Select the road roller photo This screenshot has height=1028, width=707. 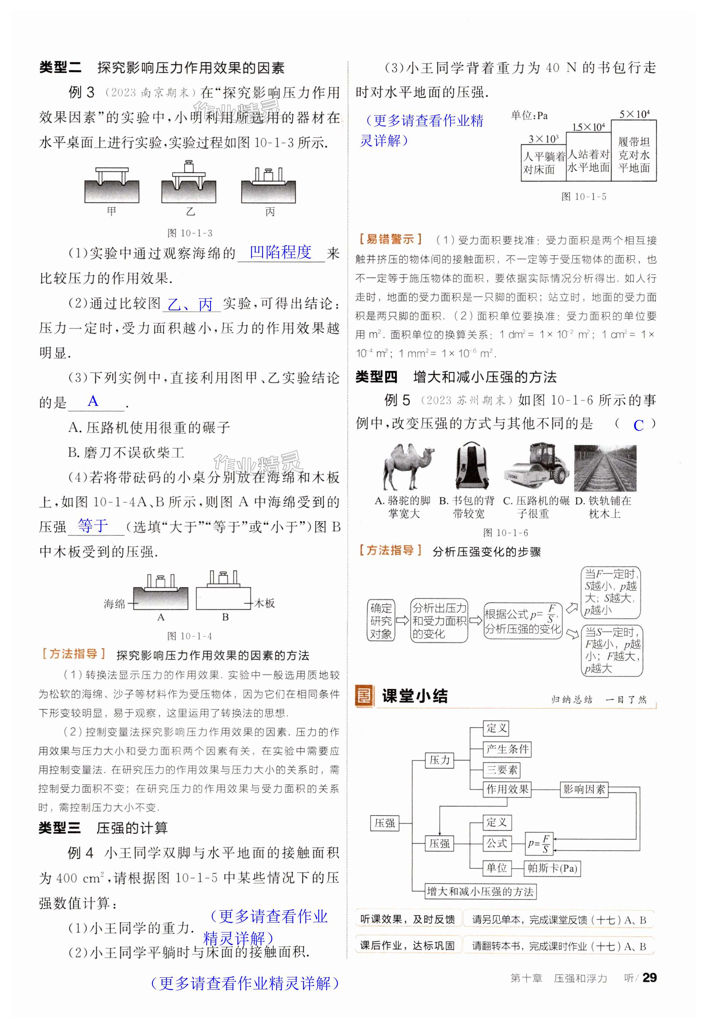[x=537, y=467]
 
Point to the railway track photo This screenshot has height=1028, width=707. [x=605, y=468]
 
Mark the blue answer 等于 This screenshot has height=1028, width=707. [x=93, y=525]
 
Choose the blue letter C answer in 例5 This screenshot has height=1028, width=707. [x=638, y=425]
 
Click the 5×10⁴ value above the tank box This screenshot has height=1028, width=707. [x=634, y=114]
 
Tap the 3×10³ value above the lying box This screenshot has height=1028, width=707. [x=543, y=139]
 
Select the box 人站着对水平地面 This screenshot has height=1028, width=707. [x=588, y=161]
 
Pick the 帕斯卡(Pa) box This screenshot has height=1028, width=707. [x=552, y=868]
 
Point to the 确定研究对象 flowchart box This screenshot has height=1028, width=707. [x=381, y=621]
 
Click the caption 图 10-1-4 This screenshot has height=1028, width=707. [x=190, y=636]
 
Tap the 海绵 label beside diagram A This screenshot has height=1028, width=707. [x=114, y=604]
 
